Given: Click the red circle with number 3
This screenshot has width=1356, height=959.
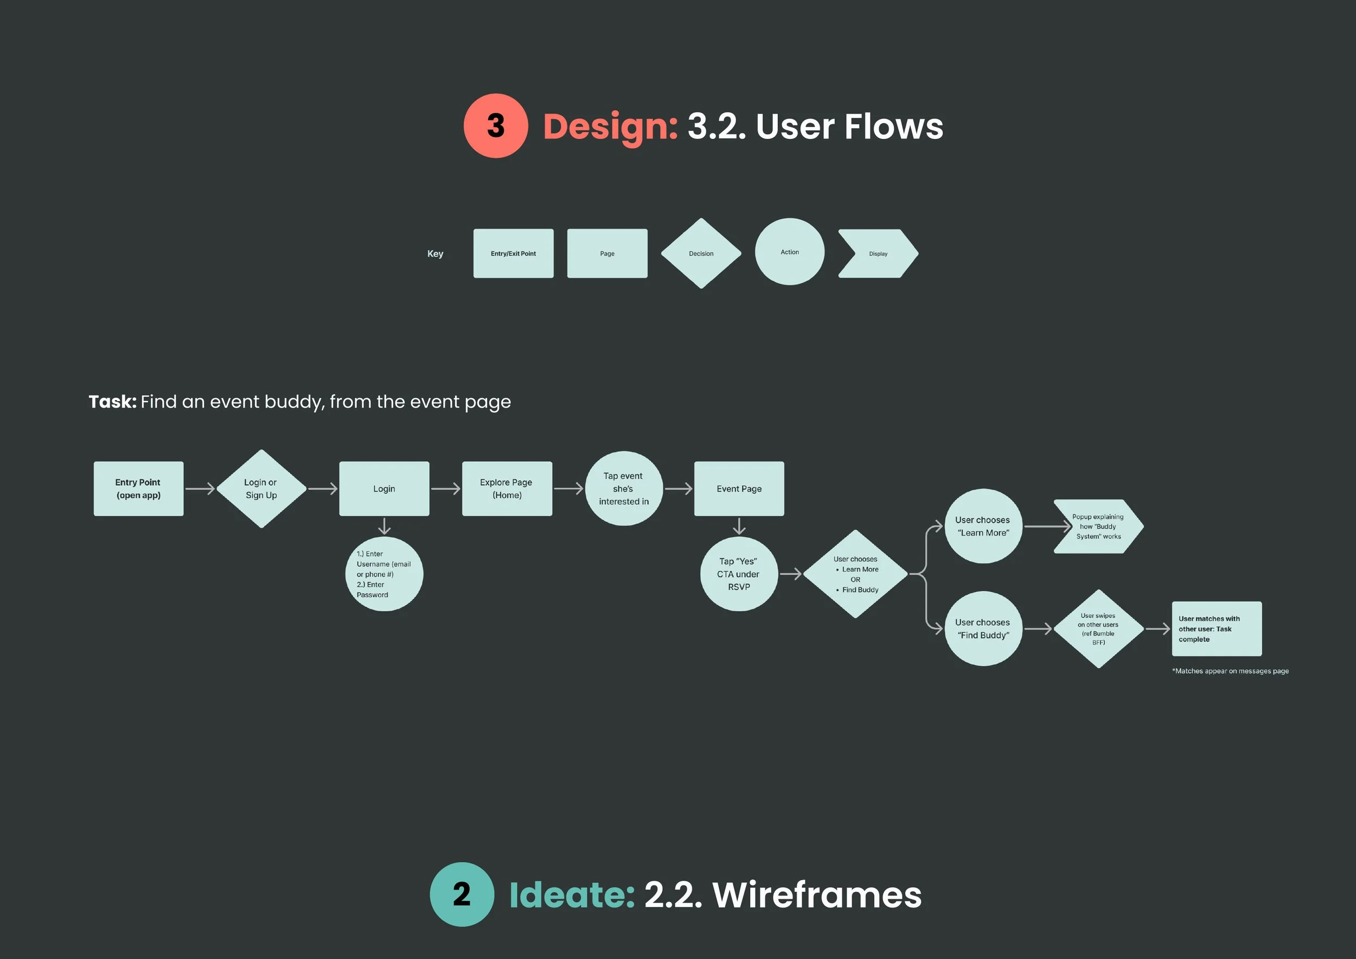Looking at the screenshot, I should [x=496, y=125].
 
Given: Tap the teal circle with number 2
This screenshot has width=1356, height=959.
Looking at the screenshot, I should [x=462, y=894].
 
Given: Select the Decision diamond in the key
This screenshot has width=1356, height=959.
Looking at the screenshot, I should [x=701, y=253].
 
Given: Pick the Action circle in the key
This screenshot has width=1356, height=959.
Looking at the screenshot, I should [x=790, y=252].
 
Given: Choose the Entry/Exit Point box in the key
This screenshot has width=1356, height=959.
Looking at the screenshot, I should [x=513, y=253].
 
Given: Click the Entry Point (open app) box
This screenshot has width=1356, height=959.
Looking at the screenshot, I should [x=138, y=488].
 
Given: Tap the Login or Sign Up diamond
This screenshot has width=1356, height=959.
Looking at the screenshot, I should [x=261, y=488].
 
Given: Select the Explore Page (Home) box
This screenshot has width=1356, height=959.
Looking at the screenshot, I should [x=507, y=488].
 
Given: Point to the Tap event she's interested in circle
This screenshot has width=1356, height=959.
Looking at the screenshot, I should [x=624, y=488].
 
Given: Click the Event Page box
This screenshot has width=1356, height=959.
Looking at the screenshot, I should [x=739, y=488].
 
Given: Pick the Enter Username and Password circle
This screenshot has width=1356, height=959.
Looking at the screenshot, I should [x=384, y=574].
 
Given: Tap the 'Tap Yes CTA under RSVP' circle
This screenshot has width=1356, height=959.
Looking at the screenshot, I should [x=739, y=574].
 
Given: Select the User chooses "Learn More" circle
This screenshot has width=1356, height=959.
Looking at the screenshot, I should [x=983, y=526].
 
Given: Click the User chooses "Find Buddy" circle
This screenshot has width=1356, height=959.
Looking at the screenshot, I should [x=983, y=628].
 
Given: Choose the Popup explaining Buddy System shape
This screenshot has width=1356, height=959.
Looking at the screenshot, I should [x=1098, y=526].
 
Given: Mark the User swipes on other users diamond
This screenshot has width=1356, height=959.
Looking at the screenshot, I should [x=1098, y=628].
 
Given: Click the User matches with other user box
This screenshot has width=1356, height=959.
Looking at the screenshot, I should [x=1217, y=628].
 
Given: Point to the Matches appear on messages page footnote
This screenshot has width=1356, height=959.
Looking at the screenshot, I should [x=1230, y=671].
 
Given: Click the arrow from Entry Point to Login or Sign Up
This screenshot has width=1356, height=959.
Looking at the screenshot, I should [x=200, y=488].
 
